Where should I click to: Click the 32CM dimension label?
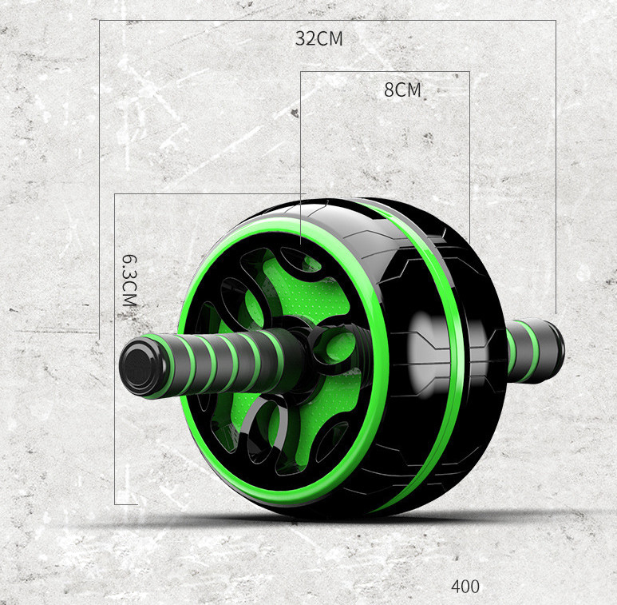point(318,38)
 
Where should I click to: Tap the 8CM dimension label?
point(402,90)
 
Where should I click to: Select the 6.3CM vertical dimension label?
point(129,281)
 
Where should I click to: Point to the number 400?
point(465,587)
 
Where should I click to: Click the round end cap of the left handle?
point(138,366)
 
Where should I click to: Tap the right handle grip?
point(536,352)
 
